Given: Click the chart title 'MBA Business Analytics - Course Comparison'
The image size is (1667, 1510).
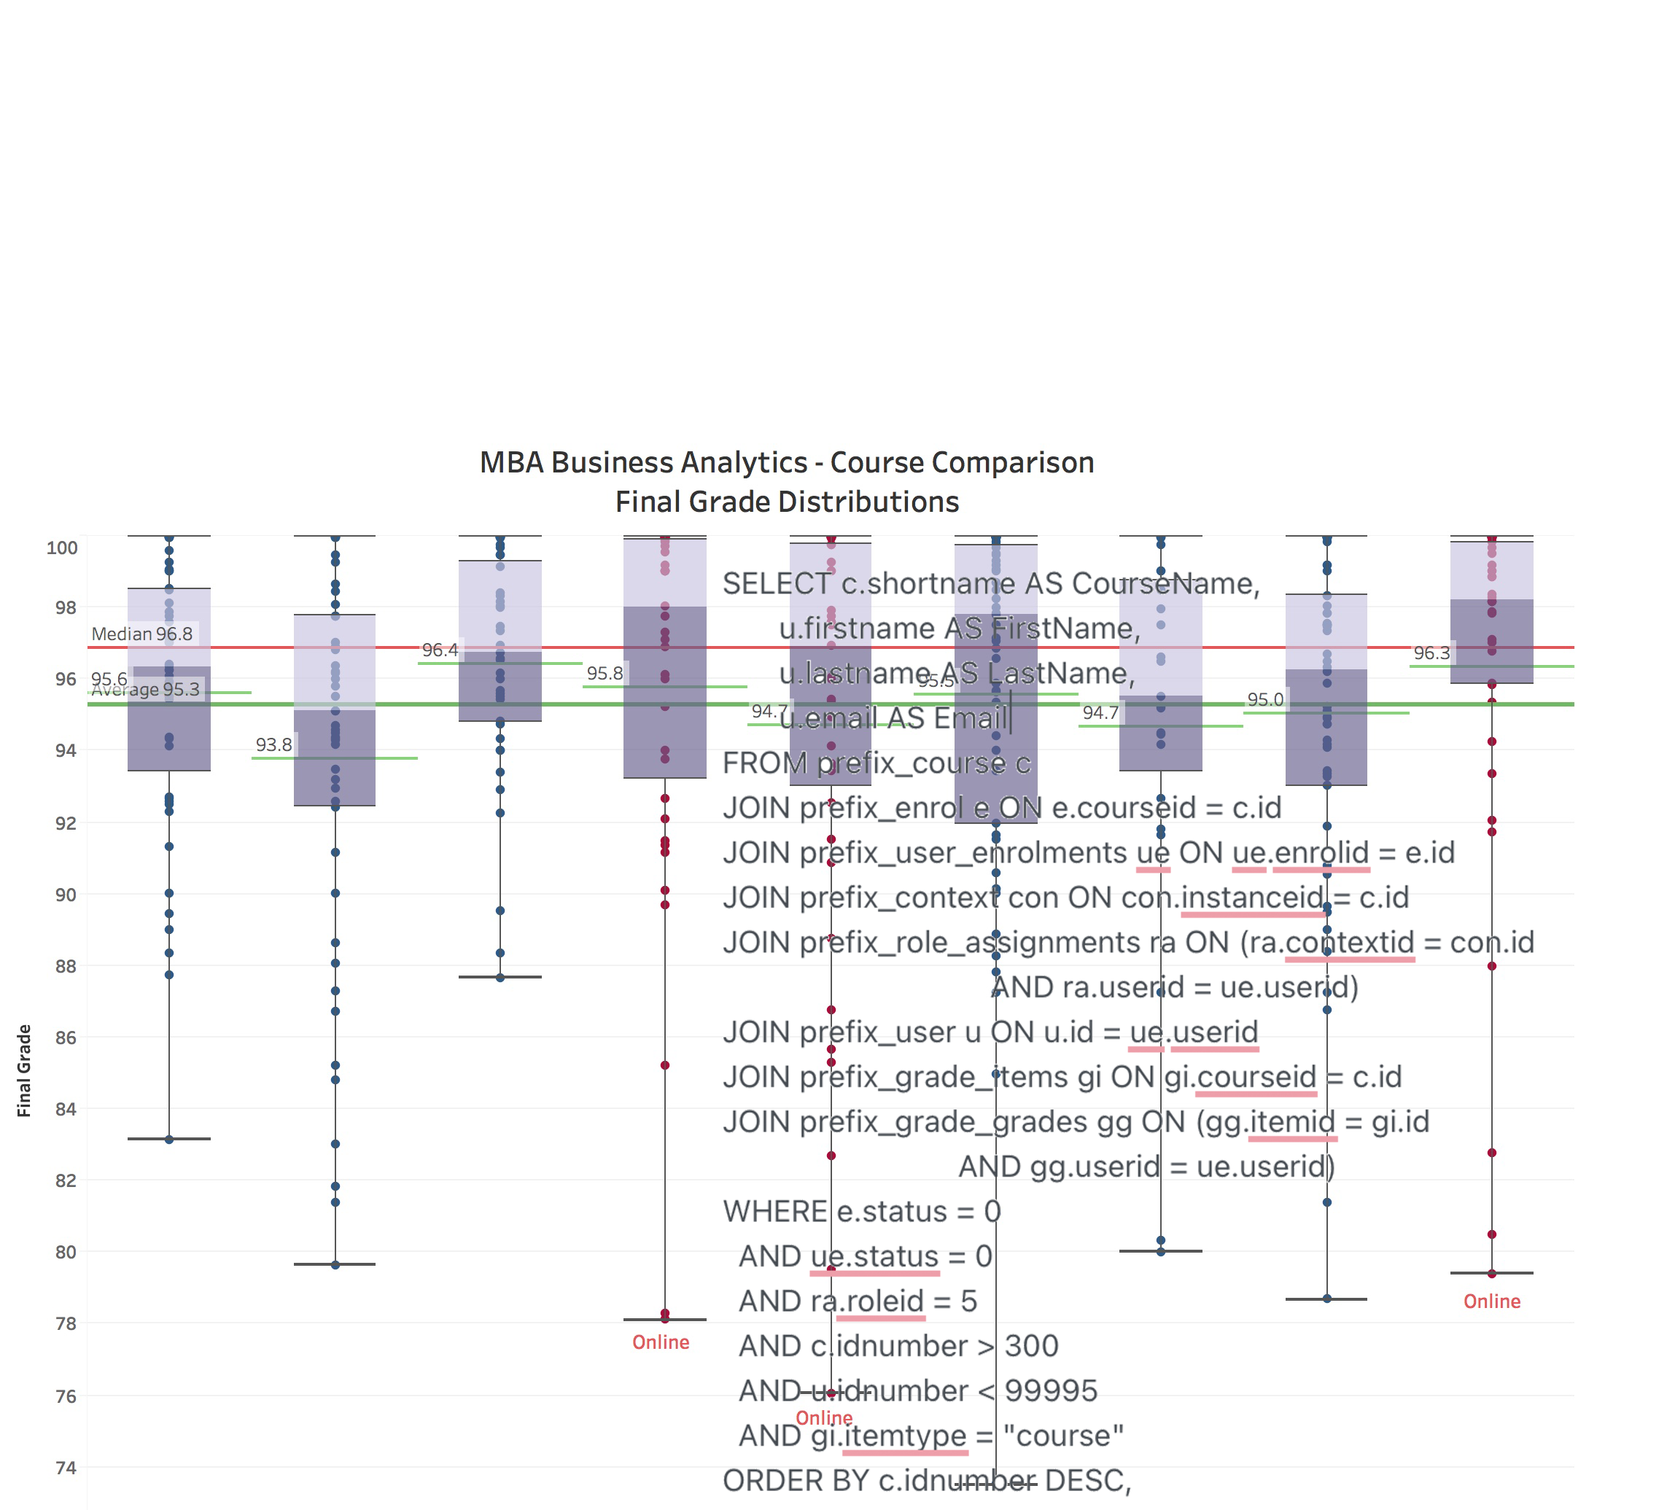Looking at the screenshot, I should coord(786,462).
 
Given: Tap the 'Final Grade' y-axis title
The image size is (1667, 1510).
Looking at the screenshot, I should coord(24,1070).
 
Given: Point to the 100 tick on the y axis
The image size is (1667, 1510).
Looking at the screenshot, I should coord(62,548).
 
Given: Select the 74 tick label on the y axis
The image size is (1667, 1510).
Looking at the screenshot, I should coord(66,1468).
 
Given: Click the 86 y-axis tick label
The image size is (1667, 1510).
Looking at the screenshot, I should coord(66,1038).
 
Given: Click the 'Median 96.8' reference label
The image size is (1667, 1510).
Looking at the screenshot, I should coord(141,634).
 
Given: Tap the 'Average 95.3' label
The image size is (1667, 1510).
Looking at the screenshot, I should coord(146,690).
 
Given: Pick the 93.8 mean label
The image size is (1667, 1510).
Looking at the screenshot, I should coord(273,745).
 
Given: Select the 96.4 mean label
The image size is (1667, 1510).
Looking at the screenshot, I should coord(440,650).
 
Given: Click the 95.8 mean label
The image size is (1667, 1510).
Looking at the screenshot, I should coord(605,674).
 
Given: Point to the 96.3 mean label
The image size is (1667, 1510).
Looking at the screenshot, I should coord(1431,653).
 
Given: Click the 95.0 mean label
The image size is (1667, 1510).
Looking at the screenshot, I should coord(1265,700).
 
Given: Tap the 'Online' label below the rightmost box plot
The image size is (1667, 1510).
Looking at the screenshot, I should coord(1492,1301).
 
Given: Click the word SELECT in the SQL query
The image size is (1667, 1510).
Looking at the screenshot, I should coord(776,584).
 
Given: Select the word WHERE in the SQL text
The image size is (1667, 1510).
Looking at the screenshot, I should coord(774,1212).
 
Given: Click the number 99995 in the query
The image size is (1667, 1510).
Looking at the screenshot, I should coord(1051,1391).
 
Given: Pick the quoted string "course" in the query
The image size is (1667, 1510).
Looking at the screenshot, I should coord(1063,1436).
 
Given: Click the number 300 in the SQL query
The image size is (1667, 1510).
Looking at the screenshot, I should coord(1031,1346).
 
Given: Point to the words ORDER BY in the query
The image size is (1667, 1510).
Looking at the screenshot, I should coord(796,1480).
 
